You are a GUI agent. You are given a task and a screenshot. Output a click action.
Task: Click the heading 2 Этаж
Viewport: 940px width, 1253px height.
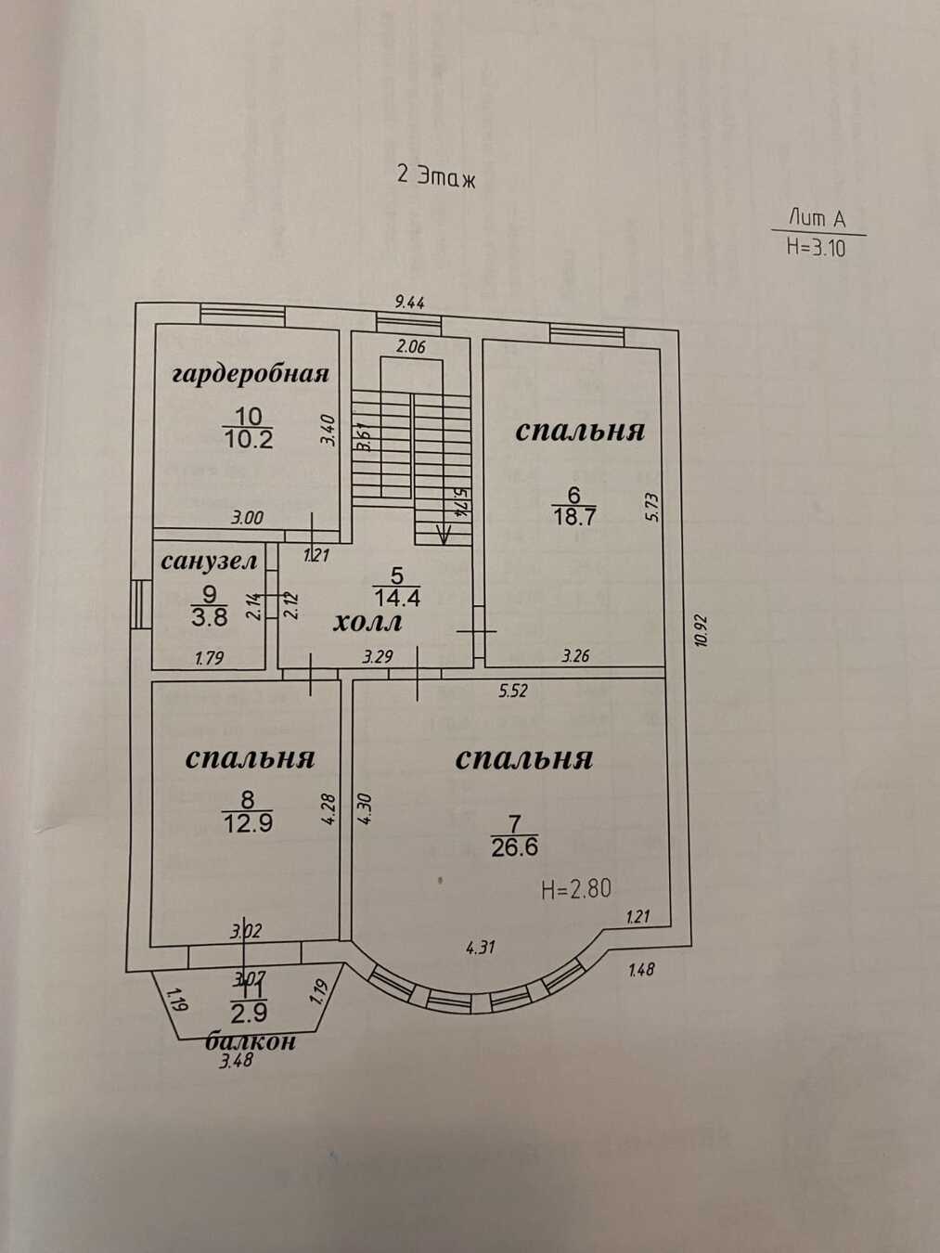click(x=435, y=175)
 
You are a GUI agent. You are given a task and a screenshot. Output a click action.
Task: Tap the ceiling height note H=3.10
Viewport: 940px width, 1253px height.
click(x=816, y=247)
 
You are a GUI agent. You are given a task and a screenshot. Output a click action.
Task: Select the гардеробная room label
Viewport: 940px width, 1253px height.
click(x=251, y=374)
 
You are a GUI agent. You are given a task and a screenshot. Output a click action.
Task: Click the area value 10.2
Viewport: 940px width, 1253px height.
click(x=249, y=439)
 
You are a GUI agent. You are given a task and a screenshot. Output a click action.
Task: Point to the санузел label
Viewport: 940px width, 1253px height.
click(x=209, y=561)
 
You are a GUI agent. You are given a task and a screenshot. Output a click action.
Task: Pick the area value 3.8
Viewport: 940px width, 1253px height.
click(x=210, y=614)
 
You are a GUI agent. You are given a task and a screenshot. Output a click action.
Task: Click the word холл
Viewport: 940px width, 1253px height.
click(x=367, y=622)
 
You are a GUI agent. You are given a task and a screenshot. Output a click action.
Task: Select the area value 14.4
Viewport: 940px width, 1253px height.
click(x=395, y=599)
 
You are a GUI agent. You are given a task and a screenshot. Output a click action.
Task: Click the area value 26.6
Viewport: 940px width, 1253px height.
click(x=515, y=846)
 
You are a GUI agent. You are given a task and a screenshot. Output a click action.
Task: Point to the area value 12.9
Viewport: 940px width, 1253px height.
click(x=247, y=822)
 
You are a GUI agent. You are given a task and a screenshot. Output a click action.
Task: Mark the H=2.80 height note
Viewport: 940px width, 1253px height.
click(x=576, y=889)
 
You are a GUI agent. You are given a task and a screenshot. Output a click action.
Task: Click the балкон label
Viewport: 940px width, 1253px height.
click(x=251, y=1041)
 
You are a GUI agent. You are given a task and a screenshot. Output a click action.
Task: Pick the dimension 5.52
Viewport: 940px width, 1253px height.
click(x=513, y=691)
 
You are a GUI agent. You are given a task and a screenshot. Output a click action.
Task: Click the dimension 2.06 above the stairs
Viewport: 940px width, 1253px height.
click(x=410, y=347)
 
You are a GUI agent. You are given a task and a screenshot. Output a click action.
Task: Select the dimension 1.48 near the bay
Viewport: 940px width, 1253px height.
click(x=641, y=971)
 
